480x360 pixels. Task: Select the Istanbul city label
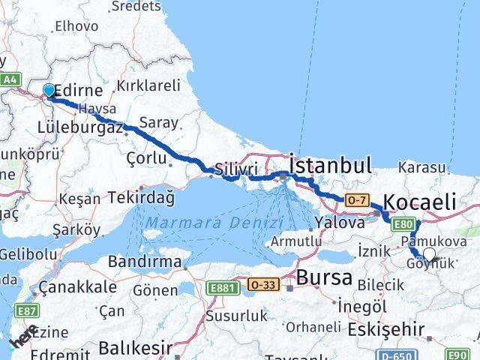(x=331, y=164)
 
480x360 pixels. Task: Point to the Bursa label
(x=324, y=277)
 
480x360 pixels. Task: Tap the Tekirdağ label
(x=141, y=197)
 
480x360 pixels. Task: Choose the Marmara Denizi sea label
(x=214, y=223)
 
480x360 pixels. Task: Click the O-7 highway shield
(x=357, y=200)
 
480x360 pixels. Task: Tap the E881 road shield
(x=223, y=286)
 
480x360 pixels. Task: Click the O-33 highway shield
(x=262, y=285)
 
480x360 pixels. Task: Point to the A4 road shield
(x=10, y=79)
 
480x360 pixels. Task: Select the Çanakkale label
(x=77, y=286)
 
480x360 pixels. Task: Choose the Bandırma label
(x=145, y=262)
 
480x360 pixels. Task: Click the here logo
(x=23, y=338)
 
